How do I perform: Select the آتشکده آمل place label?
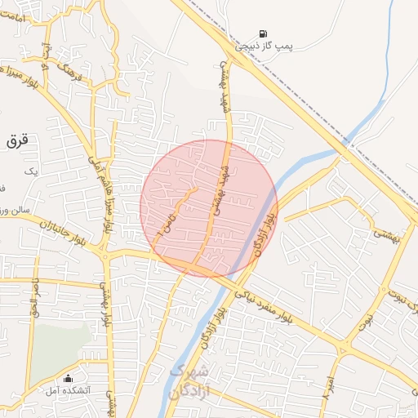pos(69,392)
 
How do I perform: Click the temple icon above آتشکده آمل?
pos(69,379)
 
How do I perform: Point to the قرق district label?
pos(16,140)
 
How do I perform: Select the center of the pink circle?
pos(209,208)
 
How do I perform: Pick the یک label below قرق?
pos(31,171)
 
